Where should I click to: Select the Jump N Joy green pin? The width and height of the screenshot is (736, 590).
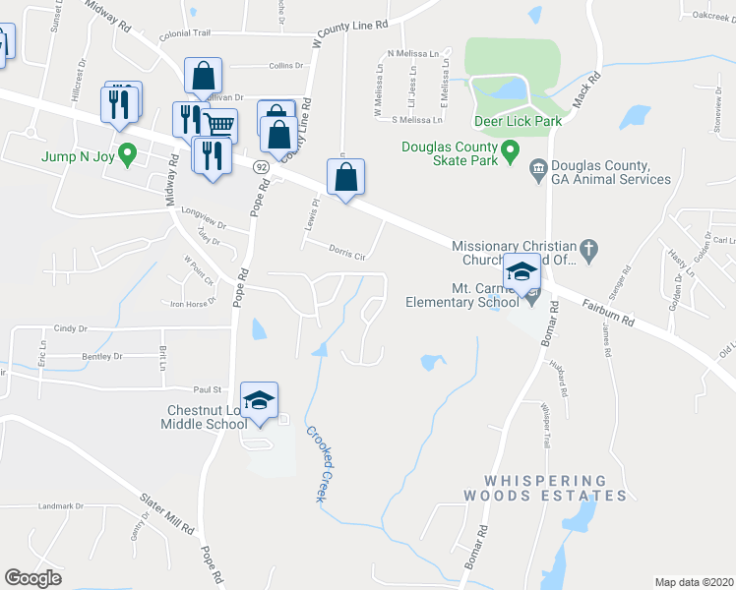(126, 153)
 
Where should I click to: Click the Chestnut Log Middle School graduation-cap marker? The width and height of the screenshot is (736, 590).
(259, 401)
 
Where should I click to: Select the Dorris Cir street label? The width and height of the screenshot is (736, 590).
(346, 255)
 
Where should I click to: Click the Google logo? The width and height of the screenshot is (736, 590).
(33, 578)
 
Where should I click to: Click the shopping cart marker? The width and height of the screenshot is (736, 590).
(220, 126)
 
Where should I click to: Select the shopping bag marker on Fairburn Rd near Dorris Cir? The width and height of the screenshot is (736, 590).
(345, 179)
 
